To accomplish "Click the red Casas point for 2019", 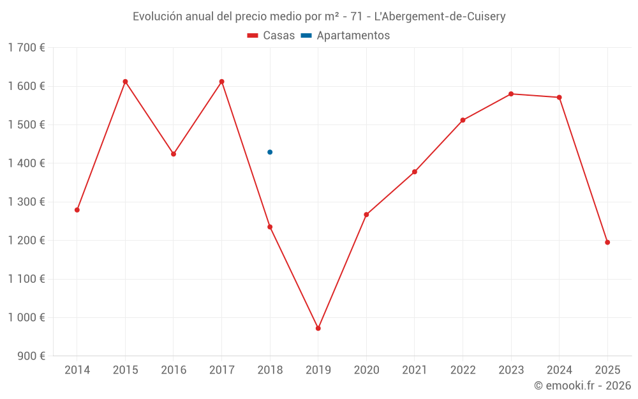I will (318, 328).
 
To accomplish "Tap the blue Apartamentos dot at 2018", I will (270, 152).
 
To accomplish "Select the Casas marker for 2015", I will (125, 82).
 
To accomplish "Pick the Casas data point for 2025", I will (607, 243).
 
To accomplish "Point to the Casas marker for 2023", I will (511, 94).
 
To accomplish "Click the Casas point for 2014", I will (77, 210).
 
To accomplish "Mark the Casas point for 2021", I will (415, 172).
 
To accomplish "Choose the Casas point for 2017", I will (221, 82).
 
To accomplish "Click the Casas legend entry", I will (271, 36).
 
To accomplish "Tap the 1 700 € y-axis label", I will (26, 48).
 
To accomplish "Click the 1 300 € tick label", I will (26, 202).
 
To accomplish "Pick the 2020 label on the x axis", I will (366, 370).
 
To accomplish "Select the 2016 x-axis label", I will (174, 370).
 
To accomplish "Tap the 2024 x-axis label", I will (560, 370).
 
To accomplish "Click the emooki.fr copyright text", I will (582, 386).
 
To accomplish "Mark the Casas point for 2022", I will (463, 120).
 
